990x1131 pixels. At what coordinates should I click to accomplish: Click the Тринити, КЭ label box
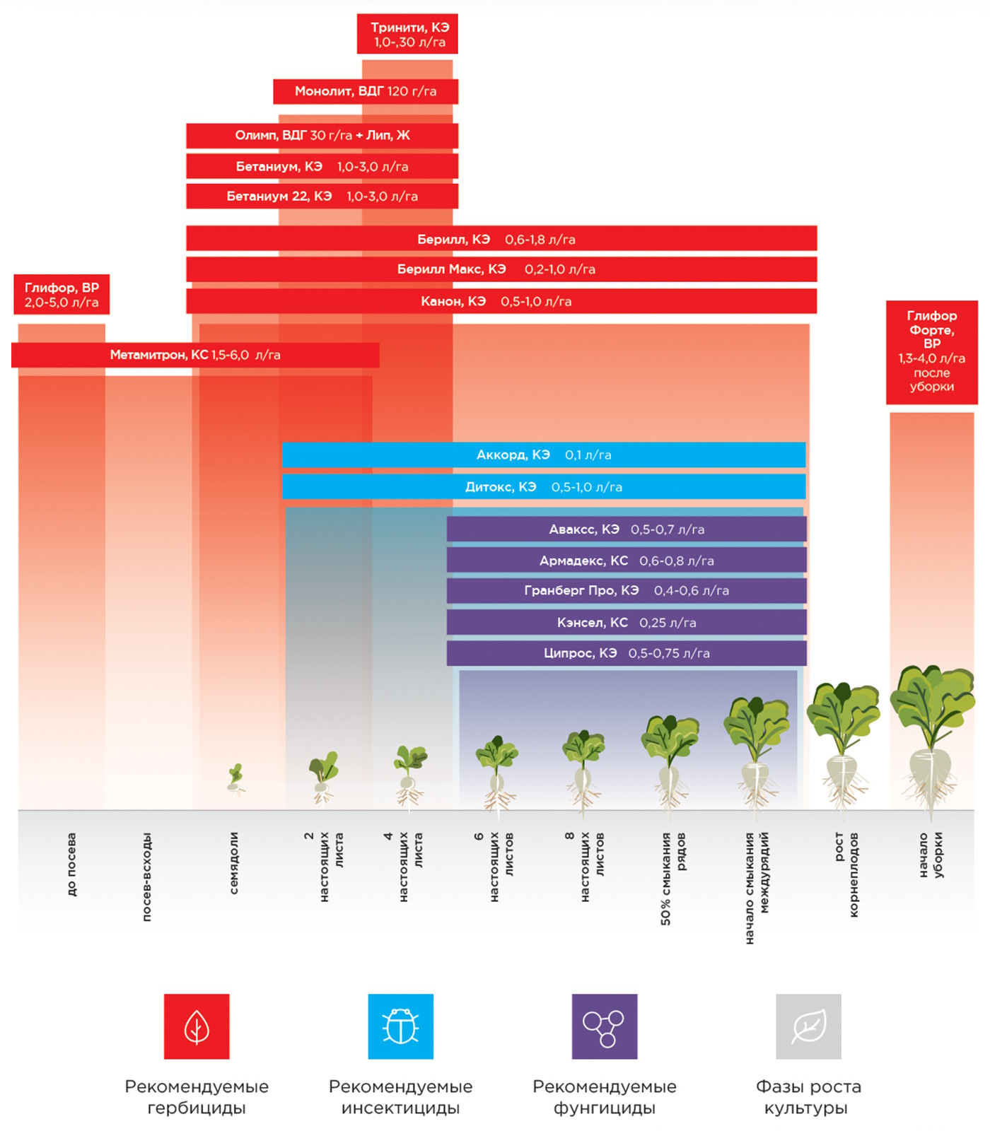[x=407, y=34]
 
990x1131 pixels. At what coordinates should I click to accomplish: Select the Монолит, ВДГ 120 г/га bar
[x=366, y=91]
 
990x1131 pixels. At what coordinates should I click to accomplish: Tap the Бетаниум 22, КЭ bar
[x=322, y=196]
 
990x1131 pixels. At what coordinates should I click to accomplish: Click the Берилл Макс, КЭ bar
[x=501, y=269]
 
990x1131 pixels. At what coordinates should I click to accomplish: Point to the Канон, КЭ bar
[x=501, y=301]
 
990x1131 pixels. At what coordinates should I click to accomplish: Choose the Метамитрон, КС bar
[x=195, y=355]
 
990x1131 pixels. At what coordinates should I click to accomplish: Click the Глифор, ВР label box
[x=62, y=295]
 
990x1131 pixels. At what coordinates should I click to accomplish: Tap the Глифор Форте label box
[x=932, y=352]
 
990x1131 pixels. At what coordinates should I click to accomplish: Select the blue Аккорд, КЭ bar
[x=544, y=455]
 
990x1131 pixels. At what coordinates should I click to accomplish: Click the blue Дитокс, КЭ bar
[x=544, y=487]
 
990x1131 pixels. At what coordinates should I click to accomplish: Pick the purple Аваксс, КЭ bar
[x=627, y=529]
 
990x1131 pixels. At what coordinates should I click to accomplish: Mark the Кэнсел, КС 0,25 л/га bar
[x=627, y=623]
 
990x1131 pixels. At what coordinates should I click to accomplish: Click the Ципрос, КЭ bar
[x=627, y=653]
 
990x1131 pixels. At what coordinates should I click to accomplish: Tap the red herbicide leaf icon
[x=197, y=1026]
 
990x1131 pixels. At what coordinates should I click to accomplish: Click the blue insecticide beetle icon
[x=401, y=1026]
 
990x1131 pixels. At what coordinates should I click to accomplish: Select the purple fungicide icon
[x=605, y=1026]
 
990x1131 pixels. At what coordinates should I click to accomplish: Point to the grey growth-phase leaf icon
[x=808, y=1026]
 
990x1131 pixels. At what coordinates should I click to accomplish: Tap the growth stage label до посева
[x=71, y=865]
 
